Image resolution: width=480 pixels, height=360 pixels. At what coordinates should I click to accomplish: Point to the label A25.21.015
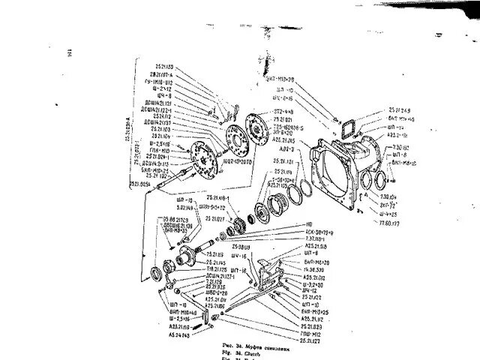click(280, 140)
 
